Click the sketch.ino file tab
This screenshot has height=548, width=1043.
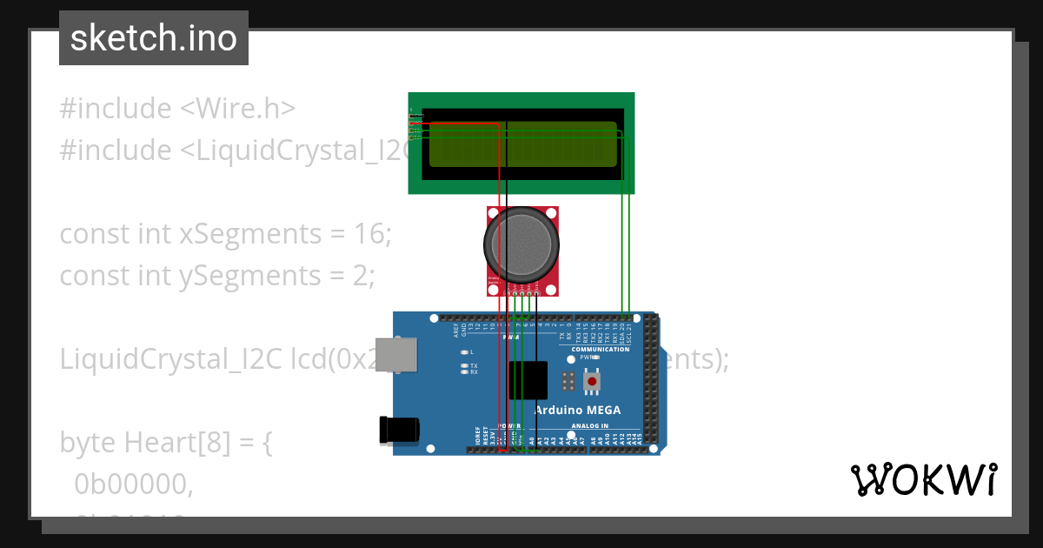coord(154,38)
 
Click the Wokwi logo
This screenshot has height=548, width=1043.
coord(923,479)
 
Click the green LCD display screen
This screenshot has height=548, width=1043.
coord(522,144)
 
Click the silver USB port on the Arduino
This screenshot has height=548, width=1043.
coord(395,356)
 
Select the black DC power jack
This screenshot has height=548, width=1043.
coord(399,429)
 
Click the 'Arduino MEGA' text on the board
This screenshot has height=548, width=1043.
coord(577,411)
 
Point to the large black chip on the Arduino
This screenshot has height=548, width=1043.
coord(528,380)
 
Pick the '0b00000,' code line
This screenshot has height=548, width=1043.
coord(133,484)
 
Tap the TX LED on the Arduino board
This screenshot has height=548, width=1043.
coord(465,365)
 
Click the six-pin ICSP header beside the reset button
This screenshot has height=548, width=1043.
coord(568,380)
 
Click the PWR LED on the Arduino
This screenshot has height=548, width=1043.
coord(571,358)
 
